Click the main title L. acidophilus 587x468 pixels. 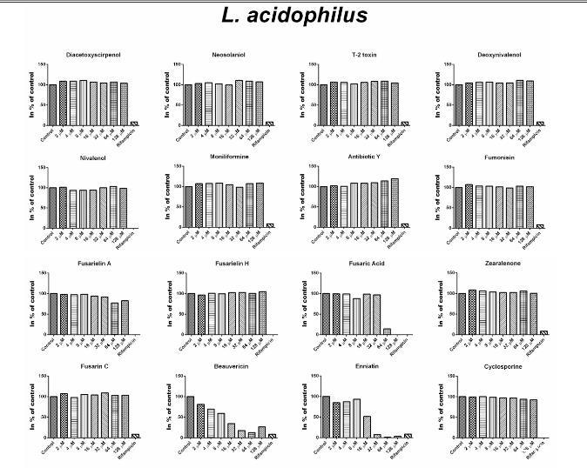[293, 15]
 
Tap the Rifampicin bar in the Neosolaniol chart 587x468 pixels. [269, 124]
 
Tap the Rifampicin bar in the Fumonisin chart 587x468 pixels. [541, 225]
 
